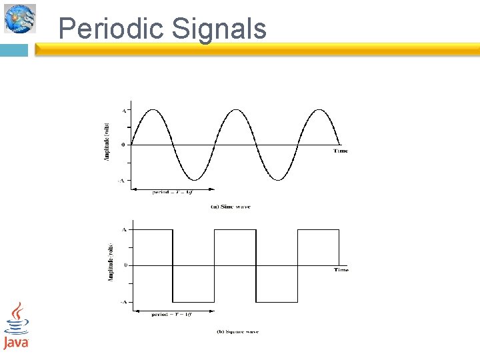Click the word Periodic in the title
pyautogui.click(x=111, y=29)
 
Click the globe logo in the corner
pyautogui.click(x=20, y=18)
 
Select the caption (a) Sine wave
pyautogui.click(x=231, y=207)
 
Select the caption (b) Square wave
pyautogui.click(x=238, y=331)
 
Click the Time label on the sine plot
pyautogui.click(x=341, y=151)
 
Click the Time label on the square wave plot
pyautogui.click(x=341, y=270)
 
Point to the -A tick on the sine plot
pyautogui.click(x=121, y=181)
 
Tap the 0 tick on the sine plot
pyautogui.click(x=123, y=145)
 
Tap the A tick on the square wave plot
pyautogui.click(x=124, y=229)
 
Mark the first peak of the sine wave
pyautogui.click(x=153, y=109)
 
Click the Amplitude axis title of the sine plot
pyautogui.click(x=107, y=142)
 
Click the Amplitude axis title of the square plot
pyautogui.click(x=110, y=262)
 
